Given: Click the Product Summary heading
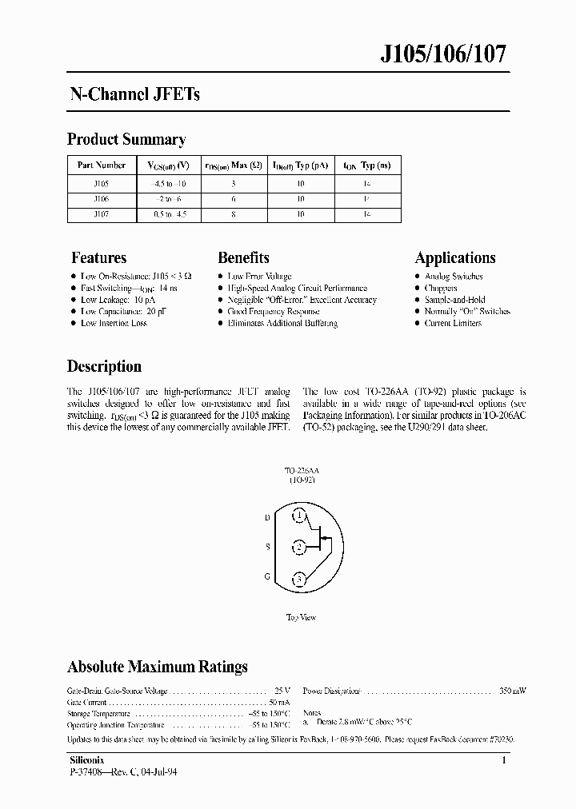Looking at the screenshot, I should tap(126, 140).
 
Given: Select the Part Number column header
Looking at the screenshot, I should tap(101, 165).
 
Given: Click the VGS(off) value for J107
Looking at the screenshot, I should tap(169, 214).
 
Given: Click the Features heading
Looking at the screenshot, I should tap(99, 258).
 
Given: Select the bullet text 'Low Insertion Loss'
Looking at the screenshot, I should tap(114, 324).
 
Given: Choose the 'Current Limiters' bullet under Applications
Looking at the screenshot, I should tap(453, 324).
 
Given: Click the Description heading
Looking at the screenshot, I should tap(104, 367).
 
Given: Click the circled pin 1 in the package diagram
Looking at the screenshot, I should tap(299, 517).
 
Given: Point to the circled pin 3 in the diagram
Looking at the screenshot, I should tap(299, 578).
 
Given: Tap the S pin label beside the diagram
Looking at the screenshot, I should tap(267, 548).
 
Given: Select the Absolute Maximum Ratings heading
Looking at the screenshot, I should tap(157, 667).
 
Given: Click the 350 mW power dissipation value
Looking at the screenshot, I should tap(513, 690).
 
